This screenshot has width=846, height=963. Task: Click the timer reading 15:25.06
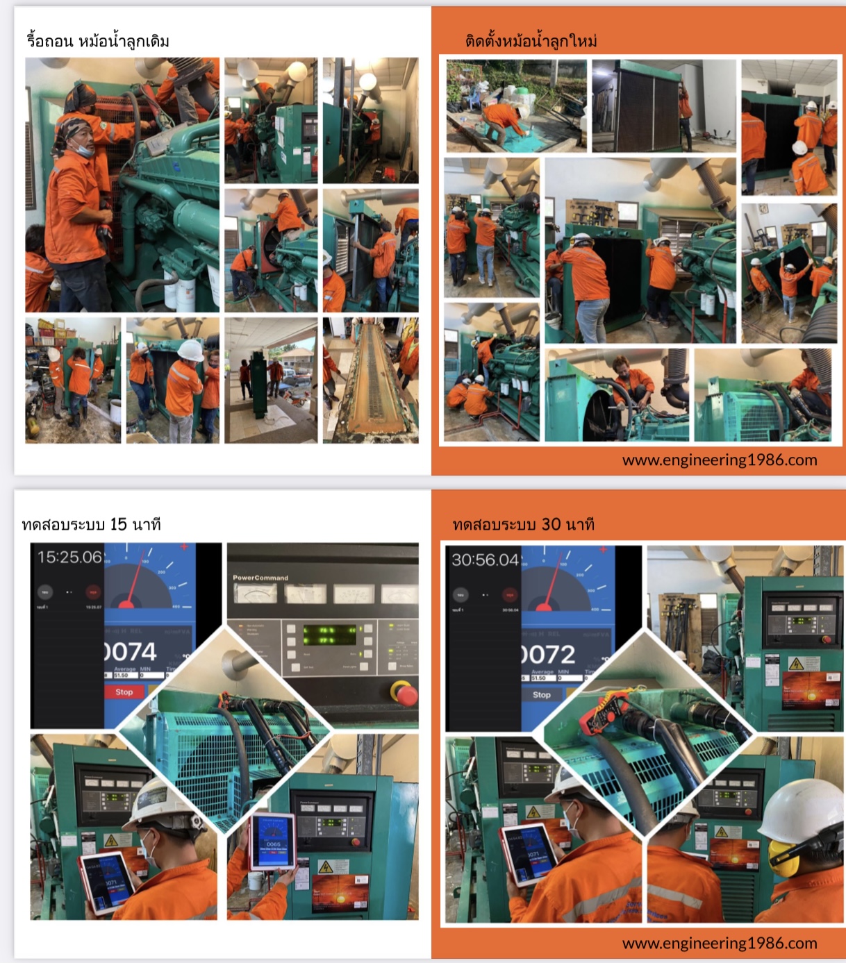tap(69, 557)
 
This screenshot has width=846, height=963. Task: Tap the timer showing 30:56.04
tap(486, 560)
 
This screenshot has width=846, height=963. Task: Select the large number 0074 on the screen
tap(131, 651)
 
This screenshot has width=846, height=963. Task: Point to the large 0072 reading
tap(548, 654)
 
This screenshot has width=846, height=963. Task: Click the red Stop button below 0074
tap(124, 692)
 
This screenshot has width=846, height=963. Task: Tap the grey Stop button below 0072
tap(542, 694)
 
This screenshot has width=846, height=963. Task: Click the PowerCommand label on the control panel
tap(260, 578)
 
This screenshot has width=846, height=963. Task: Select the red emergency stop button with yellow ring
tap(404, 693)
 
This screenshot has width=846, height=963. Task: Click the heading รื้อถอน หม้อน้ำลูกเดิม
tap(98, 41)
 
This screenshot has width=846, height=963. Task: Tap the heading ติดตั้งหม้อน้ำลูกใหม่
tap(531, 41)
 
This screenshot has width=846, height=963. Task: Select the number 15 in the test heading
tap(119, 524)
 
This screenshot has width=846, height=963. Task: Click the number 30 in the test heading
tap(551, 524)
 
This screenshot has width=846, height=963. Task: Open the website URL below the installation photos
tap(719, 460)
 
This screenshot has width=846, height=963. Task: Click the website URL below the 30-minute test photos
tap(719, 943)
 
